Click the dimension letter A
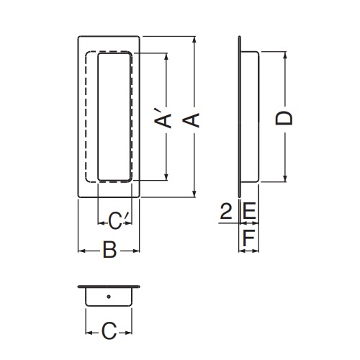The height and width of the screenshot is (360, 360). [x=191, y=120]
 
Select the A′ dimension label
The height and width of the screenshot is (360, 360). [x=163, y=118]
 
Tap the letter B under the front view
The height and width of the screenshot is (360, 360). [x=109, y=250]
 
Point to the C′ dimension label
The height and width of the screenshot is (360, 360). [x=116, y=221]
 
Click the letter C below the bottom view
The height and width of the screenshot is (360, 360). [x=109, y=331]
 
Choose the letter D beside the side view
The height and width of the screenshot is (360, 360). [x=284, y=118]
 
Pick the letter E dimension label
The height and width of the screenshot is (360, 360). [x=250, y=211]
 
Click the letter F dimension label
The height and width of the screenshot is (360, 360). [x=248, y=238]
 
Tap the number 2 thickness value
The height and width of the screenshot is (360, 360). [x=226, y=211]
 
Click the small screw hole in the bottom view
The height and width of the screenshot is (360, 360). [x=109, y=297]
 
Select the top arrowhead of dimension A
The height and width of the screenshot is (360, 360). [x=194, y=40]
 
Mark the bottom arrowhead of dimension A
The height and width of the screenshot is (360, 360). [x=194, y=194]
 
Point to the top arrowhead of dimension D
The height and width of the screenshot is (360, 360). [x=285, y=55]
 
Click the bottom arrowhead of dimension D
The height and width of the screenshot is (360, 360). [x=285, y=179]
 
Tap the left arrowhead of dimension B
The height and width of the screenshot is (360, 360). [x=82, y=251]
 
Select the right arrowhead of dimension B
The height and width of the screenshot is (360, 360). [x=136, y=251]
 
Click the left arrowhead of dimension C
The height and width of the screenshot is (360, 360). [x=89, y=333]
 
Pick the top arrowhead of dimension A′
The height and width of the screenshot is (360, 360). [x=166, y=56]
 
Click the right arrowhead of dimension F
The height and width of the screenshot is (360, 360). [x=256, y=251]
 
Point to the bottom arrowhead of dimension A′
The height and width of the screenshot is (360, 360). [x=166, y=177]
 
